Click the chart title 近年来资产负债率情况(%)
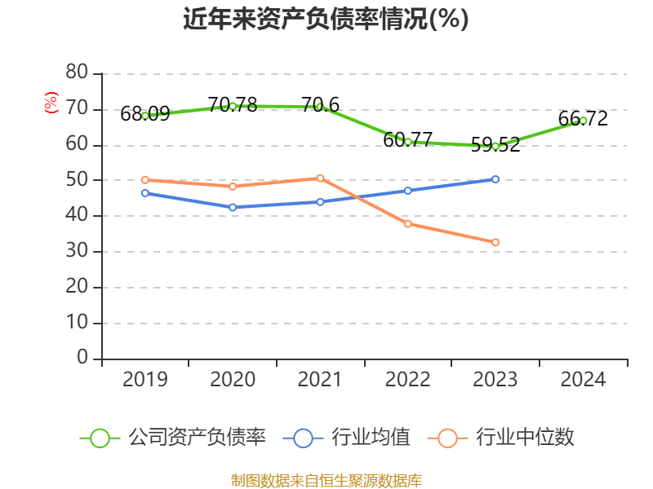(326, 20)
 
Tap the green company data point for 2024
(583, 121)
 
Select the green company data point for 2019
(145, 116)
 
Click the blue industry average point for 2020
(233, 207)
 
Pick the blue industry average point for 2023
(495, 179)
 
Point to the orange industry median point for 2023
(495, 242)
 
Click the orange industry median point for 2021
(320, 178)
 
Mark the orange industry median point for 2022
(408, 223)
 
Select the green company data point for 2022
(408, 142)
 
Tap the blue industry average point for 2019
(145, 193)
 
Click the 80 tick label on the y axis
(77, 73)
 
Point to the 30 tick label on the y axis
(77, 251)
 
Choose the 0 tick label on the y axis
(82, 358)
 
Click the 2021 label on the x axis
(320, 380)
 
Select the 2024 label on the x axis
(583, 380)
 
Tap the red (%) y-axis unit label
(51, 104)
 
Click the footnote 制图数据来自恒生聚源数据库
(326, 480)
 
